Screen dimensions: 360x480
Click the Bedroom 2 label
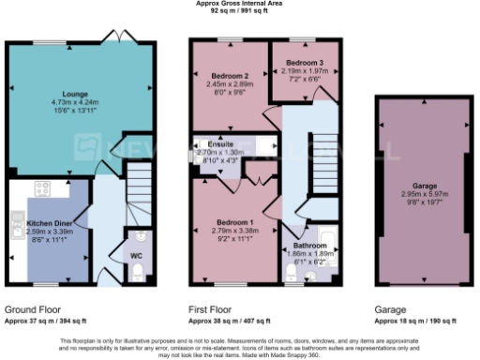pyautogui.click(x=229, y=75)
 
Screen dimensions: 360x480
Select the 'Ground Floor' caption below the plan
pyautogui.click(x=34, y=308)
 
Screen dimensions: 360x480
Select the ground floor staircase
pyautogui.click(x=139, y=183)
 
